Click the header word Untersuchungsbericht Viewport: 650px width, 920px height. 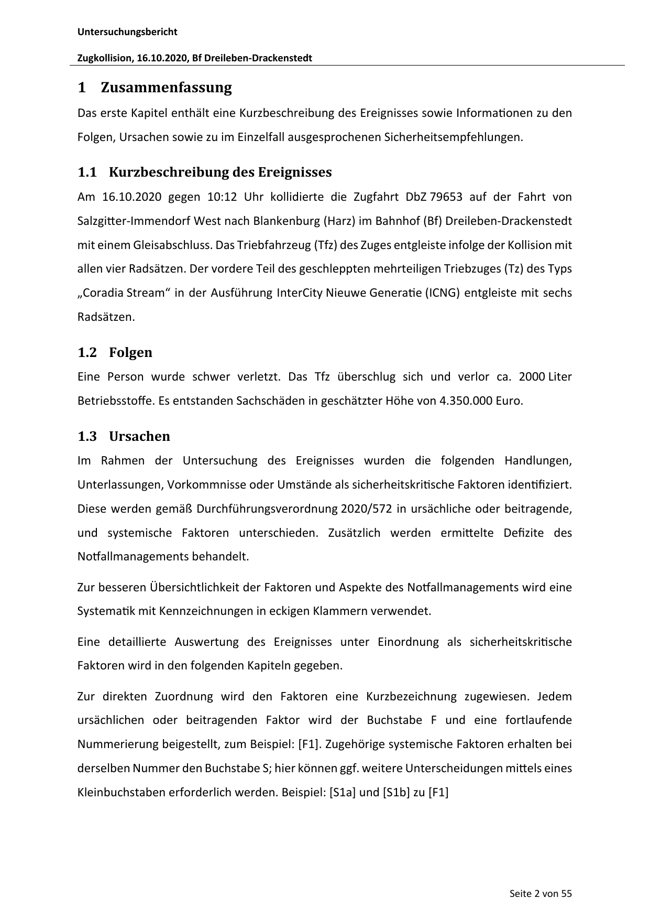point(127,32)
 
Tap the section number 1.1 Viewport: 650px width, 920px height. point(87,172)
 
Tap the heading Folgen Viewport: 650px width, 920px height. point(130,352)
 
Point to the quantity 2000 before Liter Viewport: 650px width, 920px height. point(532,377)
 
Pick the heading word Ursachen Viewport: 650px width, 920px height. point(139,436)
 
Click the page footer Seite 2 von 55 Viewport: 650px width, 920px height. point(541,893)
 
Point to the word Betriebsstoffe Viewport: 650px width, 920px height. point(115,401)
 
